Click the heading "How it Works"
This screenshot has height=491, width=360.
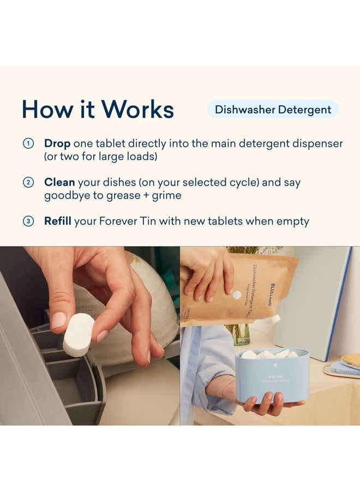point(98,109)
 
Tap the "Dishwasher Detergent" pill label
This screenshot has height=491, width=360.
point(273,109)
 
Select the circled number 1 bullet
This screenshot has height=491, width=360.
point(28,144)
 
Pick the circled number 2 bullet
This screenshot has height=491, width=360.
point(28,183)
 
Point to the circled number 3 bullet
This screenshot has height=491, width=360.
point(28,221)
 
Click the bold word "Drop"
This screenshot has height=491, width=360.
point(57,143)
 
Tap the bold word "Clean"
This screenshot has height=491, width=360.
point(59,182)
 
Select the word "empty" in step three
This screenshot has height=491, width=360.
point(292,221)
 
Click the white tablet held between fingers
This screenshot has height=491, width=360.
point(79,334)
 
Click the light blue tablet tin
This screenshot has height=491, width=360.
point(272,376)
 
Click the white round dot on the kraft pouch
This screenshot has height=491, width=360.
point(237,295)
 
